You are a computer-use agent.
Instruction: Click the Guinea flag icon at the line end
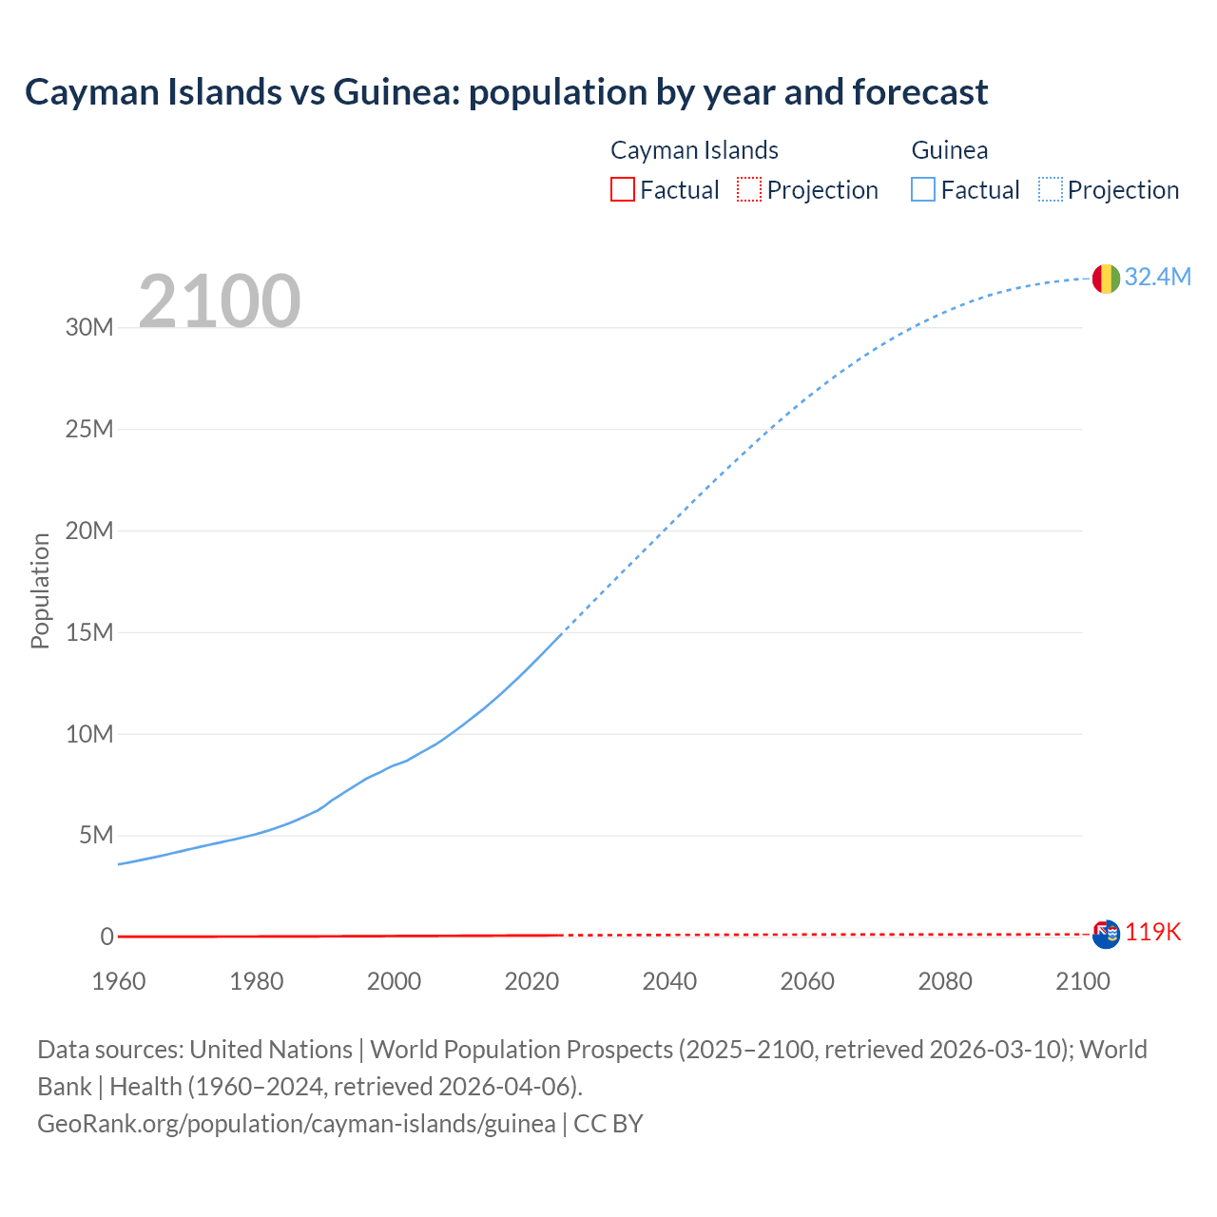pyautogui.click(x=1106, y=278)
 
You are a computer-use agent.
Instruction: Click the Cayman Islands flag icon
pyautogui.click(x=1106, y=934)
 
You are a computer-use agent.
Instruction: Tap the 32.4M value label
pyautogui.click(x=1157, y=277)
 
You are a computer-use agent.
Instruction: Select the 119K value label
pyautogui.click(x=1152, y=933)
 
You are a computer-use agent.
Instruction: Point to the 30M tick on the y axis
pyautogui.click(x=89, y=328)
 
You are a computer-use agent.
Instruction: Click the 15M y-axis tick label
pyautogui.click(x=89, y=632)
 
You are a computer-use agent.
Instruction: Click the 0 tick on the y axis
pyautogui.click(x=106, y=937)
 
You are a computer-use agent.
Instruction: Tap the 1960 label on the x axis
pyautogui.click(x=119, y=981)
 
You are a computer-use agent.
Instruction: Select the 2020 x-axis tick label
pyautogui.click(x=531, y=981)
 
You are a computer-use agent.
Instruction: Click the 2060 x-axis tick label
pyautogui.click(x=807, y=981)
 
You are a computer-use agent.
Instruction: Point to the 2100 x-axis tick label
pyautogui.click(x=1082, y=981)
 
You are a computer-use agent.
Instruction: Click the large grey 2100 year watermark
pyautogui.click(x=220, y=301)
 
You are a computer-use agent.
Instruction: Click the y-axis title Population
pyautogui.click(x=40, y=590)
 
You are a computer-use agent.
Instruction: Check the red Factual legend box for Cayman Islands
pyautogui.click(x=623, y=189)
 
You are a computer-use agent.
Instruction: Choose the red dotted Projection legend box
pyautogui.click(x=749, y=189)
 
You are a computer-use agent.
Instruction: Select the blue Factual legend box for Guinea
pyautogui.click(x=923, y=189)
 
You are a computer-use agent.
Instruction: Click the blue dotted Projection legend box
pyautogui.click(x=1051, y=189)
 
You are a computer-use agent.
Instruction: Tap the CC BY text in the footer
pyautogui.click(x=608, y=1124)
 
